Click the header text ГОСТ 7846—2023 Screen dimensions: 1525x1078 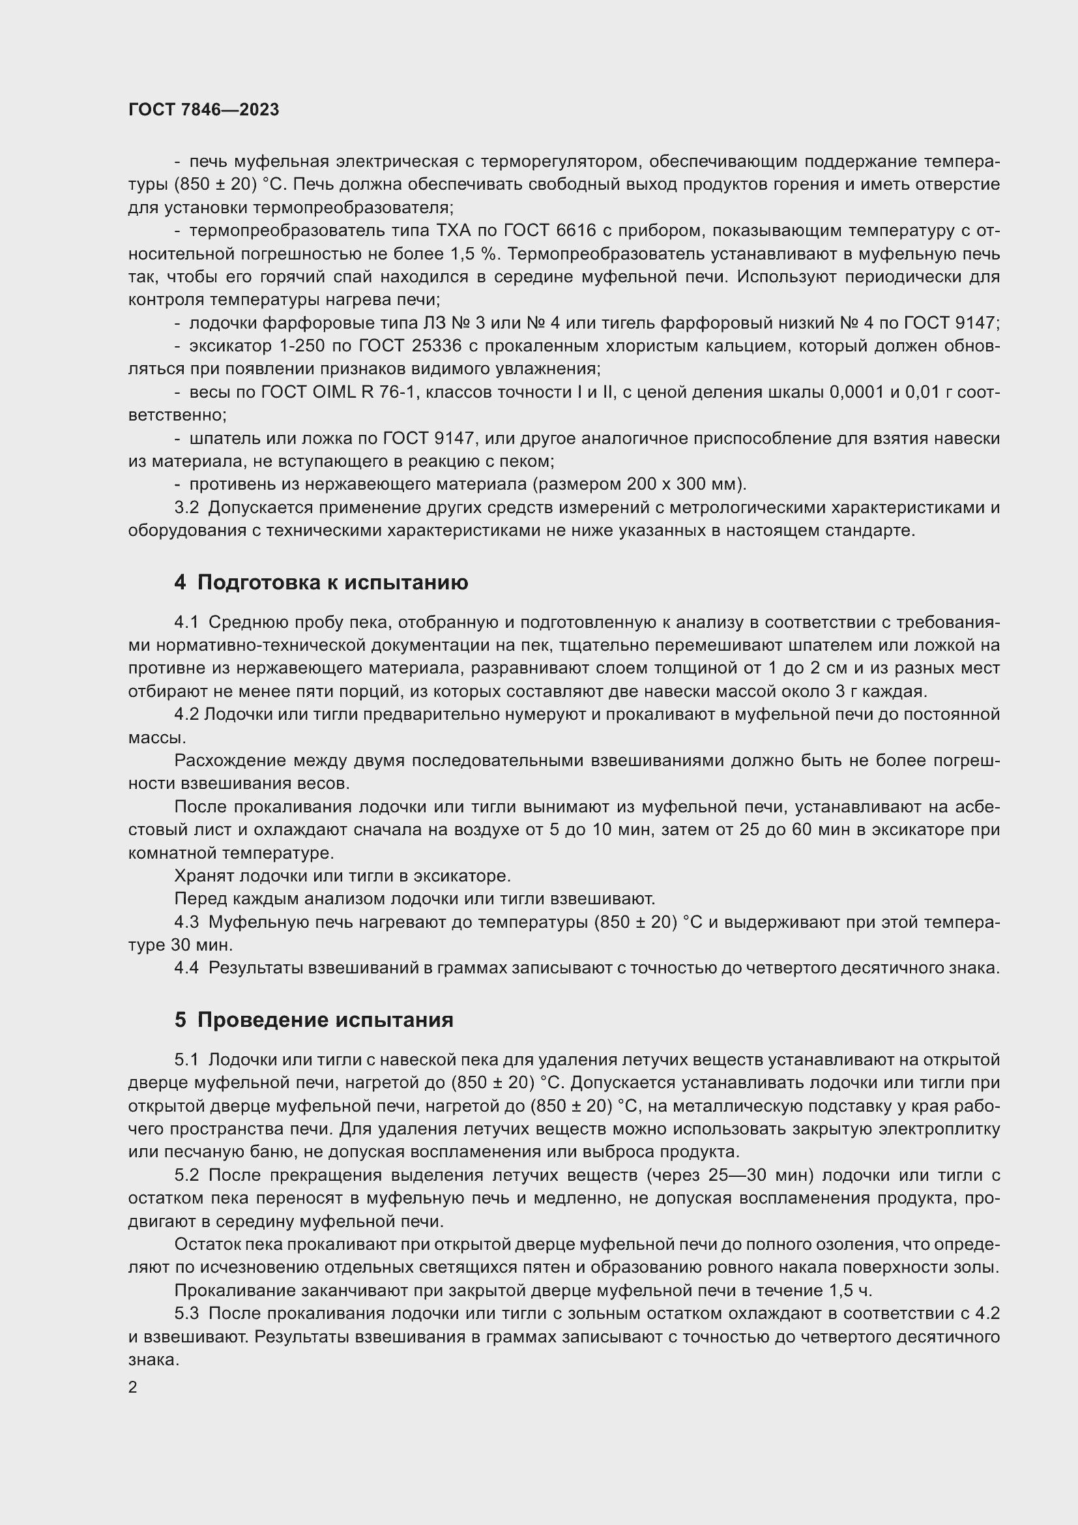click(x=204, y=110)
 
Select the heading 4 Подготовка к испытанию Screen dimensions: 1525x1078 click(x=321, y=582)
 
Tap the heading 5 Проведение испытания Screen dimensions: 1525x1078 click(x=313, y=1020)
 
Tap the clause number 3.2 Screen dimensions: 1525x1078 click(x=186, y=507)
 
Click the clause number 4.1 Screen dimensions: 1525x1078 click(x=186, y=623)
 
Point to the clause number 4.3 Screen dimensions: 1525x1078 click(x=186, y=922)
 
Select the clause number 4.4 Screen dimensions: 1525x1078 click(x=186, y=968)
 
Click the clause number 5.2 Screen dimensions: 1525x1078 click(x=186, y=1175)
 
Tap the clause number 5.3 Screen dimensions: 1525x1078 click(x=186, y=1313)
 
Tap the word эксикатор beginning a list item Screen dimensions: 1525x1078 click(x=230, y=346)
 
